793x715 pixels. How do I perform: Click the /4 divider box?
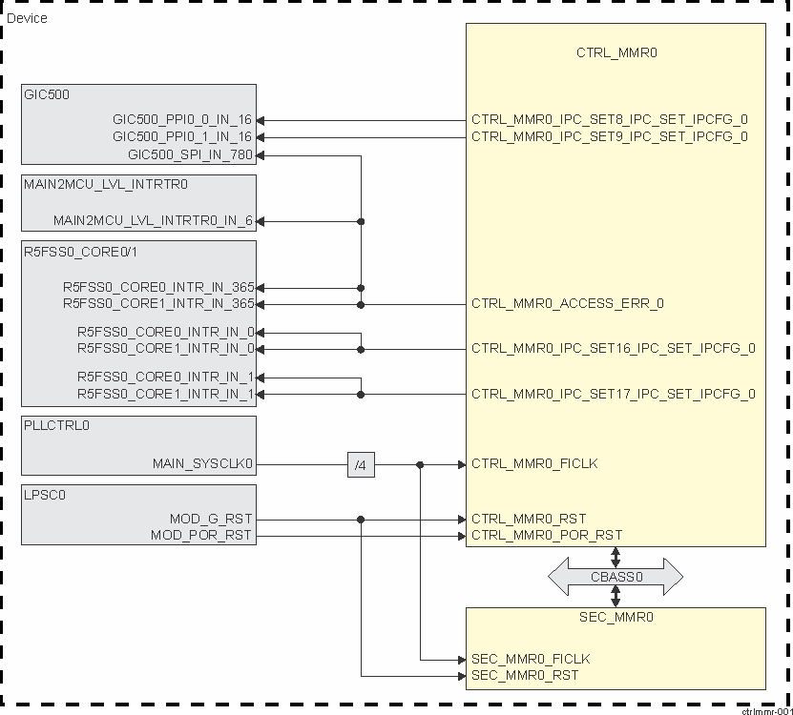point(361,465)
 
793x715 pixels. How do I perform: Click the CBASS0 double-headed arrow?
point(616,577)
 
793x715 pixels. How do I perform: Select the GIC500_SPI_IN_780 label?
point(189,154)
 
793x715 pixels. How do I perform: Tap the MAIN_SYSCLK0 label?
point(202,464)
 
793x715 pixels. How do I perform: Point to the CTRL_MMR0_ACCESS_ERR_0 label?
point(567,304)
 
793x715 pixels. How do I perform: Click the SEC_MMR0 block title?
point(616,618)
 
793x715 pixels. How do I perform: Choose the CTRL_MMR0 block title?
point(616,53)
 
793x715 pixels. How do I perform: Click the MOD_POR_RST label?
point(200,535)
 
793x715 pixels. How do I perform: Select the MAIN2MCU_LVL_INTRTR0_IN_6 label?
point(153,221)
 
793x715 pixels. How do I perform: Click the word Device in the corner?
point(27,18)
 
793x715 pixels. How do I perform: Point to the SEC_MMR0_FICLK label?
point(531,659)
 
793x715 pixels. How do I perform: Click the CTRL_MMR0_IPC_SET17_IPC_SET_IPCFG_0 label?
point(613,394)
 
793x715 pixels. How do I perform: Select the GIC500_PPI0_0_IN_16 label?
point(181,120)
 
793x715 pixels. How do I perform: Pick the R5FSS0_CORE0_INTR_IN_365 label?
point(158,287)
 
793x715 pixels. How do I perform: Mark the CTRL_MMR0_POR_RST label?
point(546,535)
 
